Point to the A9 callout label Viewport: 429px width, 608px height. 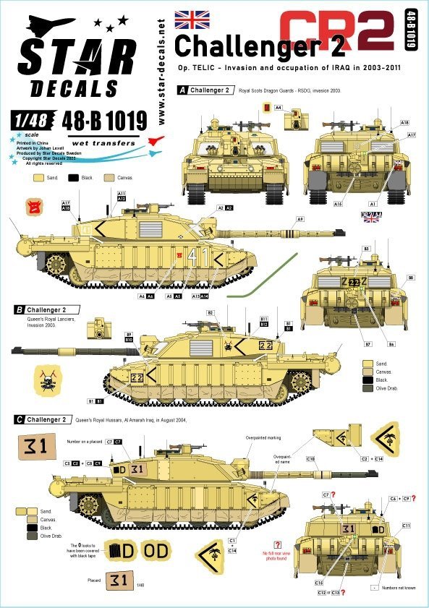tap(300, 219)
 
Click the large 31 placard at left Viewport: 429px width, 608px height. tap(33, 446)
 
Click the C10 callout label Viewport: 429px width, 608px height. tap(310, 458)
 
